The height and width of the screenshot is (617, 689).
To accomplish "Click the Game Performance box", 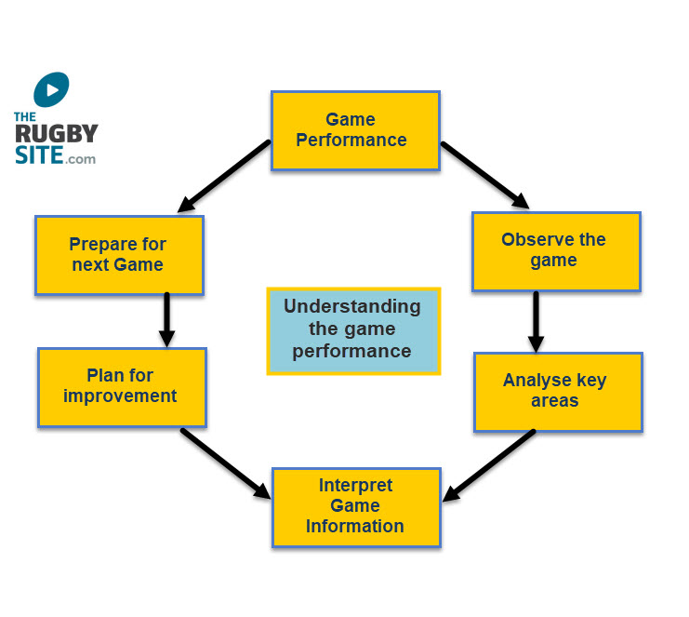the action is (x=355, y=130).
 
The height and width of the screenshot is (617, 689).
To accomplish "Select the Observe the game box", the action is (x=556, y=251).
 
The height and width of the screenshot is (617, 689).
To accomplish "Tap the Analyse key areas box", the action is (x=558, y=393).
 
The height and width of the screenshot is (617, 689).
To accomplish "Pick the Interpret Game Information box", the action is (x=356, y=507).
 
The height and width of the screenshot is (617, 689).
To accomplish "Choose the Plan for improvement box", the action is (x=122, y=387).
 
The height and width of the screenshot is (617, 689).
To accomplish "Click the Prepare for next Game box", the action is (x=119, y=255).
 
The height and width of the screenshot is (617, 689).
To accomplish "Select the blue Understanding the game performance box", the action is (x=353, y=331).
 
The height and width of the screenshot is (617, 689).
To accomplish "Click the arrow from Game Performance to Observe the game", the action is (x=485, y=175).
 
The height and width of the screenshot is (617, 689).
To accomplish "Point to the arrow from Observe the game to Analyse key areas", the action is (x=537, y=322).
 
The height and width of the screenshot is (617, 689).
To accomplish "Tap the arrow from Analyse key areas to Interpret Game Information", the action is (x=489, y=465).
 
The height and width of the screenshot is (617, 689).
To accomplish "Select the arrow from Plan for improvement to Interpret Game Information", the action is (x=226, y=463).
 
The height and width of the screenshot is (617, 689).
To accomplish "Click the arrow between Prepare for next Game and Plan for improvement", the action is (x=167, y=320).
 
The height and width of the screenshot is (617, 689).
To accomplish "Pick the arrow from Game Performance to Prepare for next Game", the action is (x=224, y=176).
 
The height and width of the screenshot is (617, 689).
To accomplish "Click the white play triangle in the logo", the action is (x=53, y=89).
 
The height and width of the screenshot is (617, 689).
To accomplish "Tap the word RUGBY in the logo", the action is (x=57, y=133).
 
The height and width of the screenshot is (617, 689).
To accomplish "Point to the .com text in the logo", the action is (x=80, y=159).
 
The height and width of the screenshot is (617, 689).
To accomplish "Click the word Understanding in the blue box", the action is (x=352, y=307).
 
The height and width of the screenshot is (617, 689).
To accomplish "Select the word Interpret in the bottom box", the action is (x=355, y=485).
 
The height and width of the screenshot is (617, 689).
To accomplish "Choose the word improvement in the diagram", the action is (x=120, y=396).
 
